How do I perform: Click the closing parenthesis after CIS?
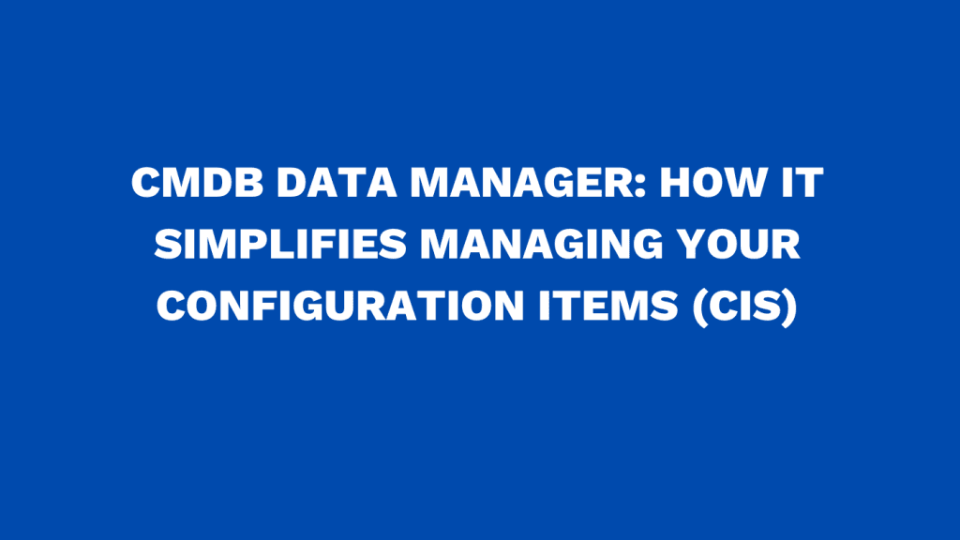(x=787, y=307)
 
